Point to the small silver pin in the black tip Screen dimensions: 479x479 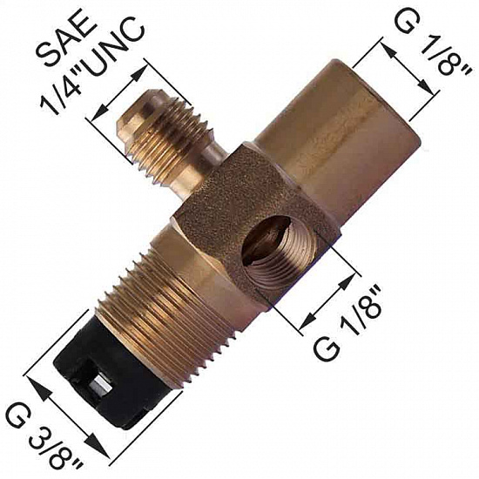coord(100,387)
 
